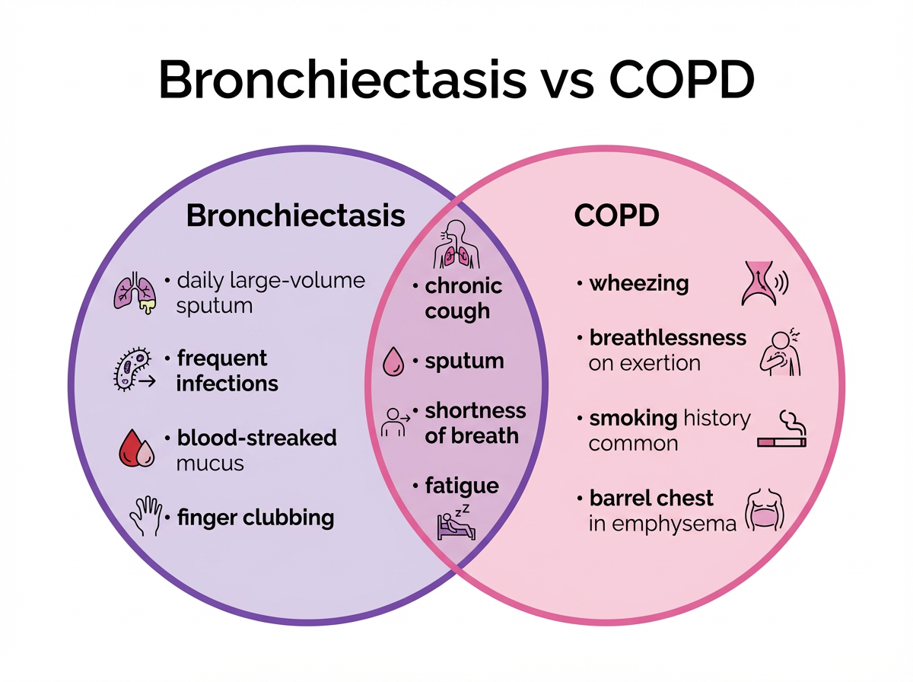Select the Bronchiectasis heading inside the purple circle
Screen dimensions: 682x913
click(295, 216)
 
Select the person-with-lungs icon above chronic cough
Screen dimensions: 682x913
click(456, 245)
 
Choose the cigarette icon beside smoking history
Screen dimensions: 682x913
click(782, 430)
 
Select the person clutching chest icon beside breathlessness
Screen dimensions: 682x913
click(781, 352)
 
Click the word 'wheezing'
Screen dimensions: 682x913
click(639, 284)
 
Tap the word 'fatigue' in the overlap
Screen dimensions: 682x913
click(462, 486)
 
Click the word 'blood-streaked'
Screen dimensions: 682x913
click(256, 438)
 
